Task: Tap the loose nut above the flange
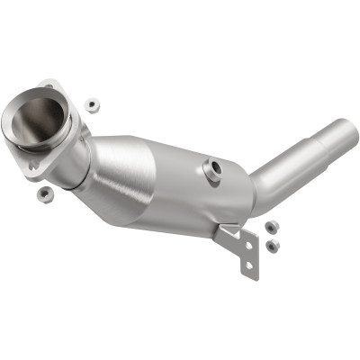tap(91, 104)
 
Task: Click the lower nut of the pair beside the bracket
tap(273, 245)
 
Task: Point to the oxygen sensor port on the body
tap(214, 170)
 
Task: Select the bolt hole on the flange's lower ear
tap(33, 166)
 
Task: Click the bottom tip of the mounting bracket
tap(247, 274)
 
